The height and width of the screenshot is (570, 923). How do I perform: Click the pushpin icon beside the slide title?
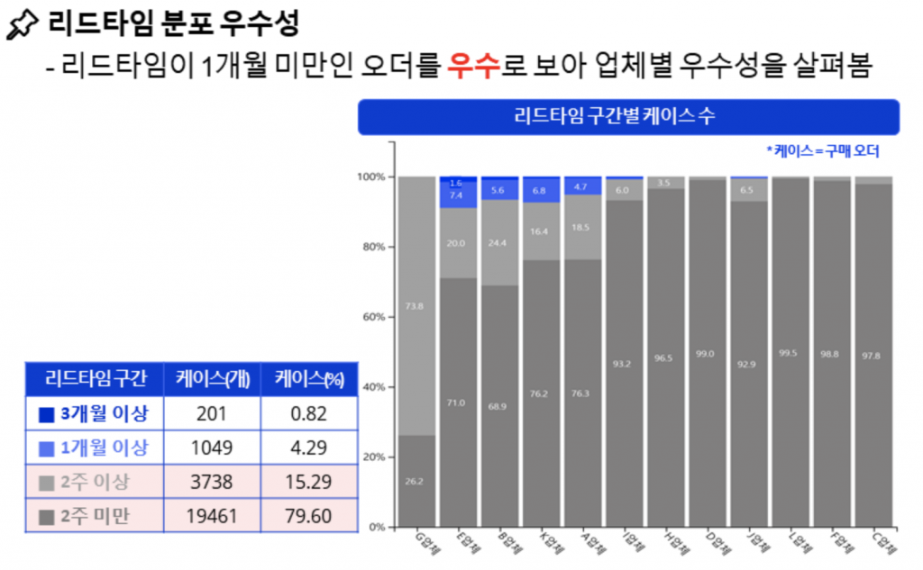coord(20,25)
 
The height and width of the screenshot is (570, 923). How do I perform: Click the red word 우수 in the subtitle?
coord(472,66)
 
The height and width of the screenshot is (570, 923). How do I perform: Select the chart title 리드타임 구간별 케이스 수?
coord(628,116)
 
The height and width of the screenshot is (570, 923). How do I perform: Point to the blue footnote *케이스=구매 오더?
coord(821,150)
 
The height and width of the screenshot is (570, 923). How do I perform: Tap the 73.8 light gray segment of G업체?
coord(417,306)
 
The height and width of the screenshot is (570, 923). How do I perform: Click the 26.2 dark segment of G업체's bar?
coord(417,481)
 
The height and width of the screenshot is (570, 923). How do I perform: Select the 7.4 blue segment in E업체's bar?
coord(459,195)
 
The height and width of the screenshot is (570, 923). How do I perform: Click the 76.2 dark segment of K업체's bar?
coord(542,393)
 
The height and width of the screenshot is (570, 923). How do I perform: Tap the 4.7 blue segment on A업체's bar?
coord(583,187)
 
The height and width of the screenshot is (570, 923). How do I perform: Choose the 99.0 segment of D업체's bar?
coord(707,353)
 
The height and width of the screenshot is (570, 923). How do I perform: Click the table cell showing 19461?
coord(213,516)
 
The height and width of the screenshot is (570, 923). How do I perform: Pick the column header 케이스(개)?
coord(213,379)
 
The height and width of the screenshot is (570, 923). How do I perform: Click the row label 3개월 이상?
coord(94,413)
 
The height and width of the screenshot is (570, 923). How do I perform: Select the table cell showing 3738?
coord(213,482)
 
